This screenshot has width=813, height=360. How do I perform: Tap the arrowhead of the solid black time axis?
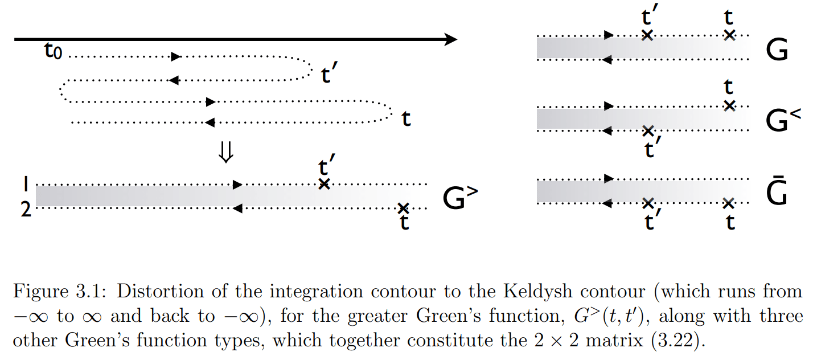coord(450,39)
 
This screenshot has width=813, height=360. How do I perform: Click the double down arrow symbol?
coord(226,153)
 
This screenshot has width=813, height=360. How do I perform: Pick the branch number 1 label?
coord(25,185)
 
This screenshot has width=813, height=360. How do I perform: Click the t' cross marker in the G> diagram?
coord(324,184)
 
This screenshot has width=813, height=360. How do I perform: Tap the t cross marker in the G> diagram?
coord(403,208)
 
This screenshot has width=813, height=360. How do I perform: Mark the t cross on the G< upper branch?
coord(730,105)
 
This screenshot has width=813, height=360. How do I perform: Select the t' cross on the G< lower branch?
coord(647,131)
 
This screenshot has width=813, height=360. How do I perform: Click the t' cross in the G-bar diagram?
coord(647,203)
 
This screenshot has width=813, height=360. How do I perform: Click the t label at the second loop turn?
coord(406,120)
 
